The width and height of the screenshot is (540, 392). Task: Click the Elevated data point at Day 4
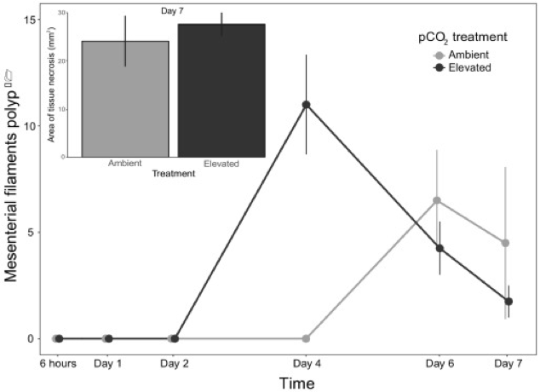point(306,105)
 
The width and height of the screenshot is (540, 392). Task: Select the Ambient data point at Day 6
point(437,200)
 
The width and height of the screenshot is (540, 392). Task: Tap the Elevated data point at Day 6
point(439,248)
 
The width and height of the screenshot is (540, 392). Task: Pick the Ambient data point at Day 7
point(506,243)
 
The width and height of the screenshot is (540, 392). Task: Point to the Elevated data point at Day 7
point(508,301)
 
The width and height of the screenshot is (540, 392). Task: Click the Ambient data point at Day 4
point(306,338)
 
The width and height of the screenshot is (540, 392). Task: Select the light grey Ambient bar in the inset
point(125,99)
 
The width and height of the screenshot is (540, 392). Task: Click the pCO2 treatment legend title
point(457,37)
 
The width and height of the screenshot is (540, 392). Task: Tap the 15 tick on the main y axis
point(32,20)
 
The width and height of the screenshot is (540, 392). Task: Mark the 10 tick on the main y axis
point(32,126)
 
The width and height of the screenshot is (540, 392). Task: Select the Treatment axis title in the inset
point(173,174)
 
